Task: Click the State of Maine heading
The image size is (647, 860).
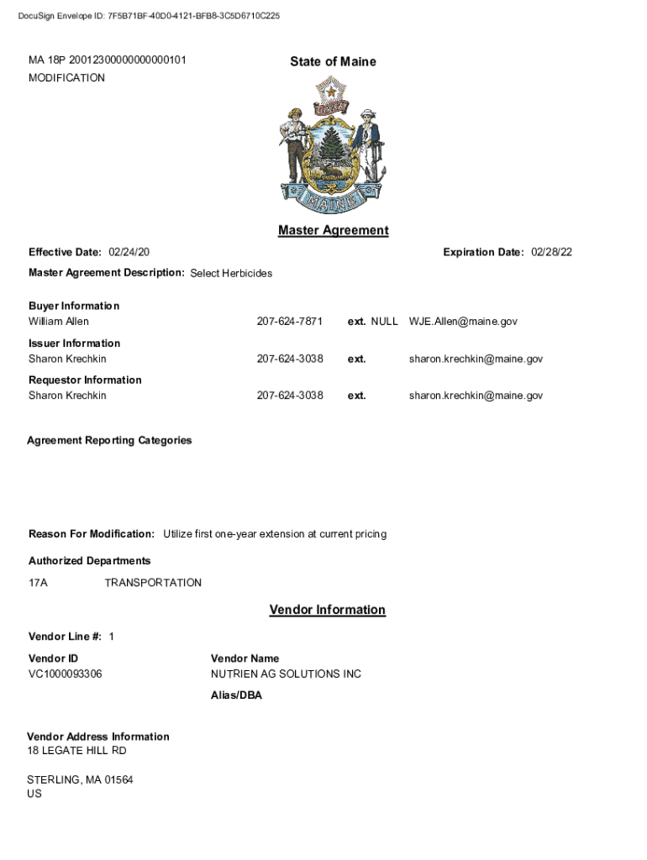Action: point(333,61)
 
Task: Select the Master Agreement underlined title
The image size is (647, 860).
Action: point(333,230)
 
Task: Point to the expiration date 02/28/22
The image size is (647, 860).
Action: point(551,253)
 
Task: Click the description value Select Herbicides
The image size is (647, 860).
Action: point(231,274)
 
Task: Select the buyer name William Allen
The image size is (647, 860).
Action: point(59,322)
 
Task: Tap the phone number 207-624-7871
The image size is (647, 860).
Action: point(289,322)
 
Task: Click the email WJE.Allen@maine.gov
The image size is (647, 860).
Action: point(463,322)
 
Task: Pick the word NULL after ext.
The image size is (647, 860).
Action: point(384,322)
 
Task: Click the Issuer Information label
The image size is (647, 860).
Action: point(74,343)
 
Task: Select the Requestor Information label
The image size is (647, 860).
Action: point(85,380)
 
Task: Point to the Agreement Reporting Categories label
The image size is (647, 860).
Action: point(109,440)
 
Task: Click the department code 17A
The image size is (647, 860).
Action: point(38,583)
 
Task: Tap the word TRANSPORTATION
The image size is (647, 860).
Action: point(153,583)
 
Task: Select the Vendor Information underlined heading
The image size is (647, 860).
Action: point(327,610)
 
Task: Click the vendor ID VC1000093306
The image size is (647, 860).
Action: point(66,674)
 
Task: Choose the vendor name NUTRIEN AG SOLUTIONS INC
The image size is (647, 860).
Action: point(286,674)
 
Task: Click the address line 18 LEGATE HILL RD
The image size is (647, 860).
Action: point(76,751)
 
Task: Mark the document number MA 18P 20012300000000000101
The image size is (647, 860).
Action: point(108,60)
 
